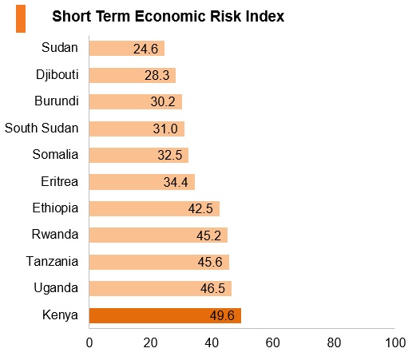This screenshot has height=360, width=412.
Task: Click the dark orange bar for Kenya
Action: pyautogui.click(x=165, y=315)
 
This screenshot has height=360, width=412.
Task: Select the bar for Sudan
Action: pyautogui.click(x=127, y=48)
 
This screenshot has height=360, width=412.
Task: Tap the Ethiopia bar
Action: pyautogui.click(x=154, y=208)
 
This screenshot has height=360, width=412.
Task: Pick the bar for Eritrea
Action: pyautogui.click(x=142, y=182)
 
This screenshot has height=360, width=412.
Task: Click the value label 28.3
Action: pyautogui.click(x=157, y=75)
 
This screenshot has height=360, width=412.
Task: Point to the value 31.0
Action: pyautogui.click(x=165, y=129)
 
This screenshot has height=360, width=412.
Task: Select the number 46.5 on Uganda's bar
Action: pyautogui.click(x=212, y=289)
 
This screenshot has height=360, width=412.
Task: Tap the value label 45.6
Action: pyautogui.click(x=210, y=262)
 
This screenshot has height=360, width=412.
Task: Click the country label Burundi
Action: pyautogui.click(x=57, y=101)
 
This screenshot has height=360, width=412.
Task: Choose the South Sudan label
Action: pyautogui.click(x=42, y=128)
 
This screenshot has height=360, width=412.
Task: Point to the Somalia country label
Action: pyautogui.click(x=55, y=154)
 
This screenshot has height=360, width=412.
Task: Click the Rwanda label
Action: pyautogui.click(x=55, y=235)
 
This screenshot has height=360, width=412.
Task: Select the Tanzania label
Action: pyautogui.click(x=52, y=261)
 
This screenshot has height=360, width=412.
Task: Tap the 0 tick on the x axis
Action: pyautogui.click(x=89, y=342)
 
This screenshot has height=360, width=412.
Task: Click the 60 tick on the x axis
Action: pyautogui.click(x=273, y=342)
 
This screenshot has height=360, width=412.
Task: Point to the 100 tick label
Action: pyautogui.click(x=395, y=342)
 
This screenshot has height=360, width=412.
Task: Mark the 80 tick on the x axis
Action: pyautogui.click(x=334, y=342)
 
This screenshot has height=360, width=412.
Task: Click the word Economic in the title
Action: pyautogui.click(x=170, y=16)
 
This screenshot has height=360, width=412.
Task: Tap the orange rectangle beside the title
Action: pyautogui.click(x=21, y=18)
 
